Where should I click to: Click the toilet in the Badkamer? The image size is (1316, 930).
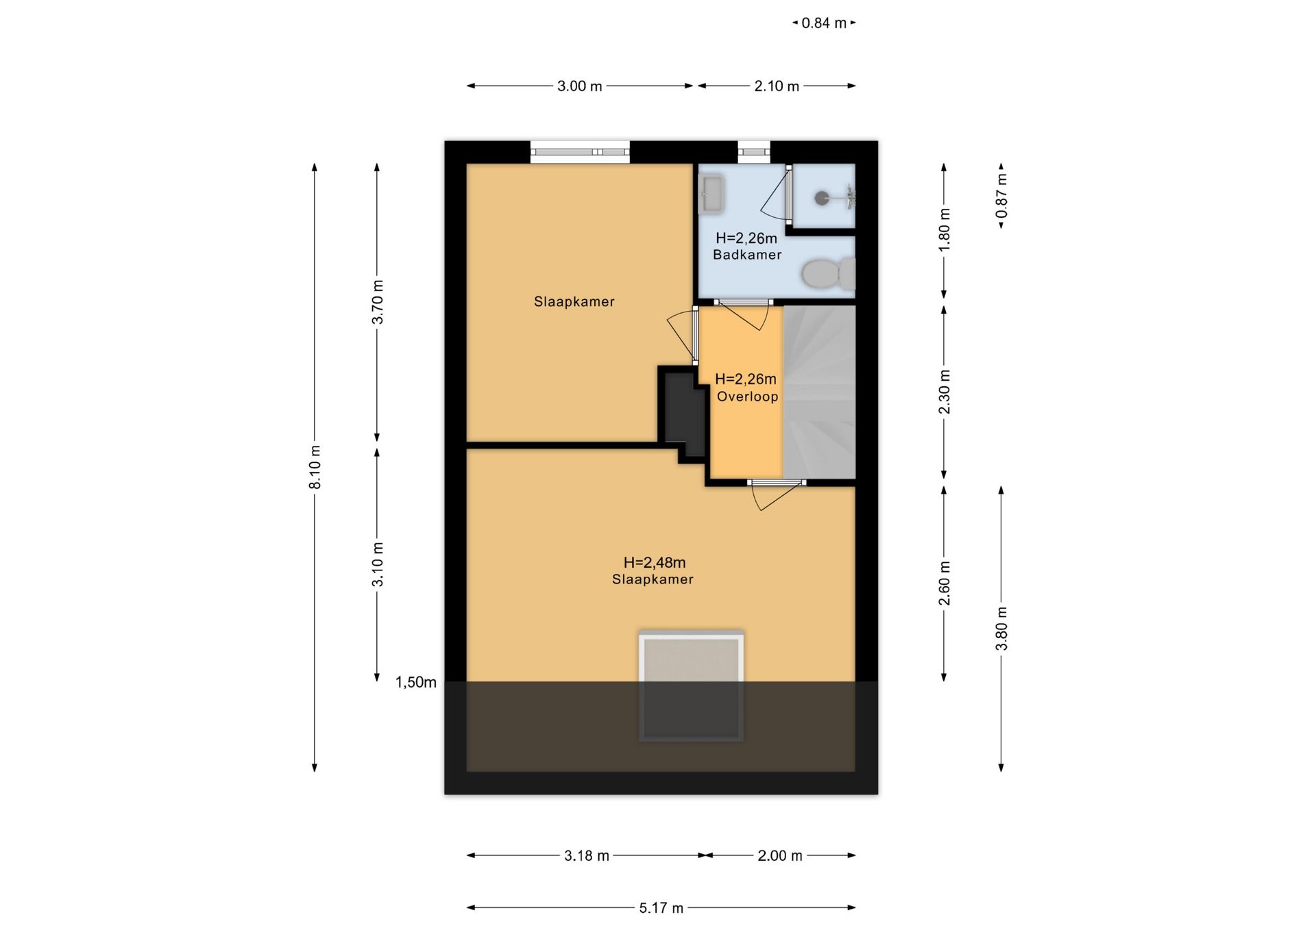828,274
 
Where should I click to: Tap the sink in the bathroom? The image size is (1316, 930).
712,194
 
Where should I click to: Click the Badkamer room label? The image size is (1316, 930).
747,255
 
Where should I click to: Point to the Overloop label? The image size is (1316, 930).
747,397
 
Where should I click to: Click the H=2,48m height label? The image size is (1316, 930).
655,562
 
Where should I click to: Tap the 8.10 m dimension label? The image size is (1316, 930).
315,467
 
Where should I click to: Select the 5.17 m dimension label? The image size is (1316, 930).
661,908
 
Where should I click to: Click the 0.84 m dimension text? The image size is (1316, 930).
824,23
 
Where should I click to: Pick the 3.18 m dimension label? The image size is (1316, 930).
587,856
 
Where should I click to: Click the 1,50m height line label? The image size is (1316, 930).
416,682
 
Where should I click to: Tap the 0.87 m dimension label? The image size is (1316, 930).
1001,196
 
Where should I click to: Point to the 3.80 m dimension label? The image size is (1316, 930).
1001,629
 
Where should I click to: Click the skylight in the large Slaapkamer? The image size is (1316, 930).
692,686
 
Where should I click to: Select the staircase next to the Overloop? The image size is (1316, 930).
820,392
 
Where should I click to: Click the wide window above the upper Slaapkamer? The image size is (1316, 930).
580,152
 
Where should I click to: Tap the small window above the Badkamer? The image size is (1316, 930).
754,152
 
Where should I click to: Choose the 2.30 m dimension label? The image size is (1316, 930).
944,392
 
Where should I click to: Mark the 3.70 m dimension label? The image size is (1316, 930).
377,302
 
